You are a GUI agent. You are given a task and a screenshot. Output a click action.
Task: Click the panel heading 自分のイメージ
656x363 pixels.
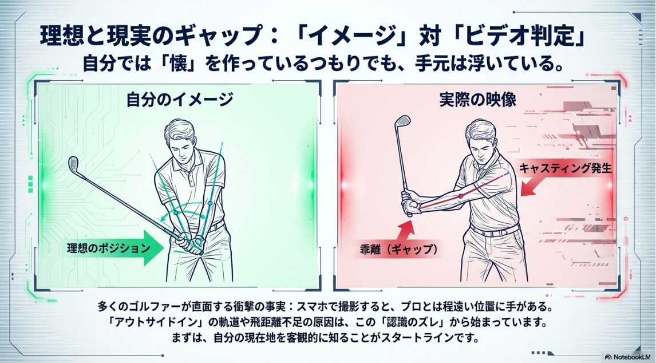click(x=179, y=100)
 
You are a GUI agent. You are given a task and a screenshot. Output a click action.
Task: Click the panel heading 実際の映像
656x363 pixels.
click(x=478, y=100)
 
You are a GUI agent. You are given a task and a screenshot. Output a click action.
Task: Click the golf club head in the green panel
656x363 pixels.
click(x=73, y=164)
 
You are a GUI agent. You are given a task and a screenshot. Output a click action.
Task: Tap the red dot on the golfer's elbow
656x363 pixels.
click(x=460, y=196)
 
